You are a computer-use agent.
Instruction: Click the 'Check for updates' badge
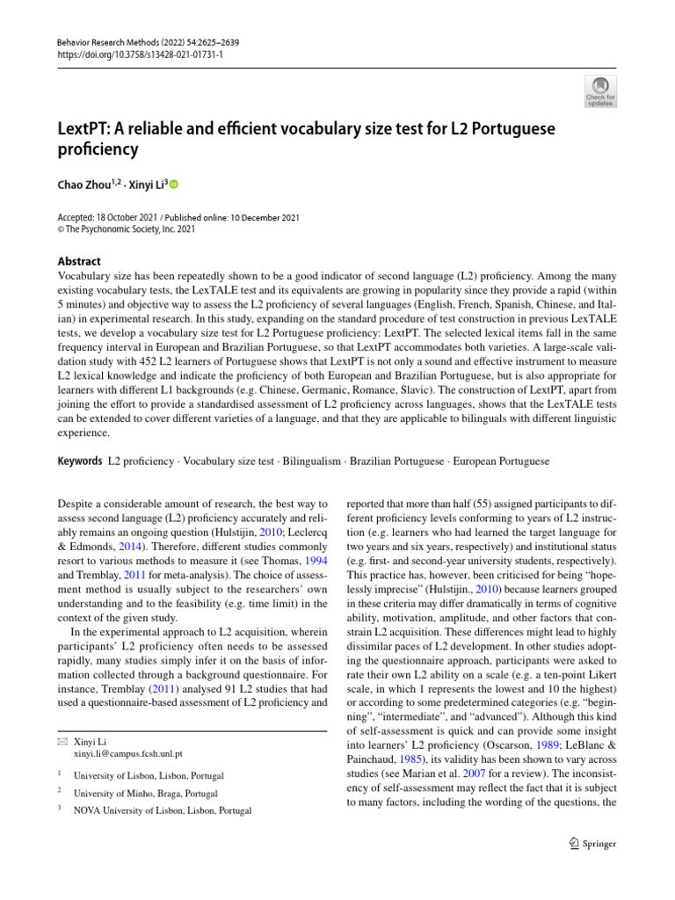coord(600,91)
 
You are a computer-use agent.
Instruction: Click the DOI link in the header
coord(128,54)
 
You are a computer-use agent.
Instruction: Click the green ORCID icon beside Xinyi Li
coord(173,184)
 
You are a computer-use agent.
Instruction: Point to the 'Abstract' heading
coord(78,261)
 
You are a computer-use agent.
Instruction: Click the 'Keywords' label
coord(78,461)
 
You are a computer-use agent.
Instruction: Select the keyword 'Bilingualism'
coord(312,461)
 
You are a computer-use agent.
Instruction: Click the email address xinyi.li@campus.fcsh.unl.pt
coord(128,753)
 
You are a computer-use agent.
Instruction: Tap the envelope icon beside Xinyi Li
coord(61,742)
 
